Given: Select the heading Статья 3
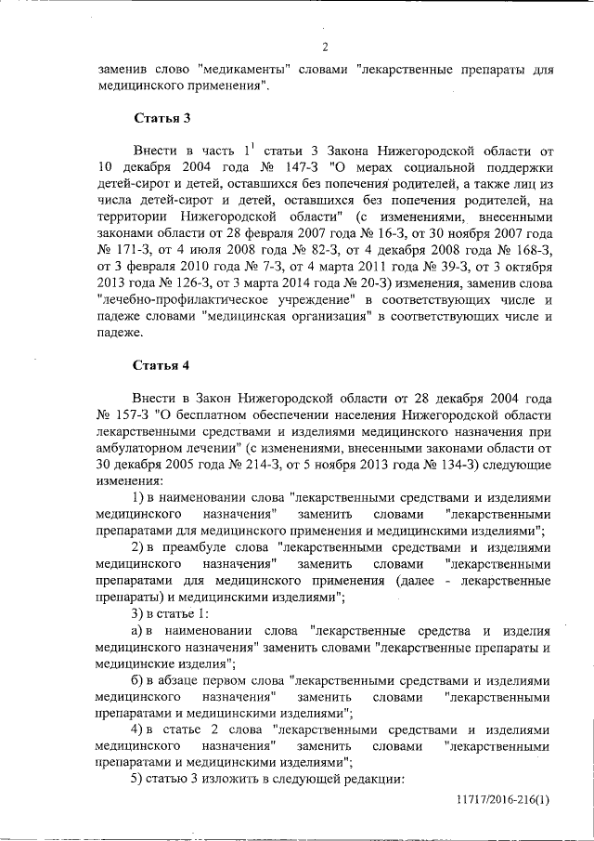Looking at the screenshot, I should click(x=162, y=119).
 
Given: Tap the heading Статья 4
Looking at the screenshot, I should click(x=162, y=363).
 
